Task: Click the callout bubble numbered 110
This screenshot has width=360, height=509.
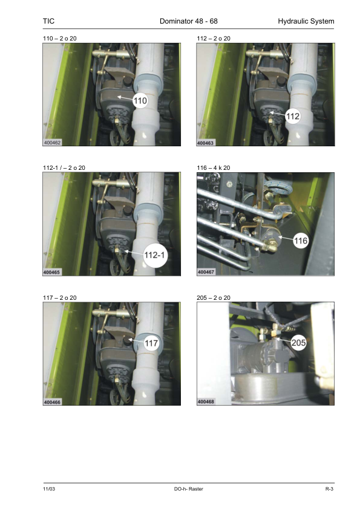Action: point(140,100)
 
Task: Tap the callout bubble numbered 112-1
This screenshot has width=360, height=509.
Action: point(155,255)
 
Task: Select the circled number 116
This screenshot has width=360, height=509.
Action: point(300,241)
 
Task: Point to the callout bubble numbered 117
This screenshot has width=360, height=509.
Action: point(151,343)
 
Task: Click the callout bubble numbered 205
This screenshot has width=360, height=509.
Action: point(298,343)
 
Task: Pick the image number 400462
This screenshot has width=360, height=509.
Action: point(52,143)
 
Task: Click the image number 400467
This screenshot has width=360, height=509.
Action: point(206,272)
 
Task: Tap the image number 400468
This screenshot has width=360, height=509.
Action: point(206,401)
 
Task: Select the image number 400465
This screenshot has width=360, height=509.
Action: point(52,273)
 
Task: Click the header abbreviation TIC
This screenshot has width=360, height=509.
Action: point(49,21)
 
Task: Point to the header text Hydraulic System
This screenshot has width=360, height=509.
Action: point(306,21)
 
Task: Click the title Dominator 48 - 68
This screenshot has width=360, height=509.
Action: point(188,21)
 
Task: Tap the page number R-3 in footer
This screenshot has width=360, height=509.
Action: point(330,489)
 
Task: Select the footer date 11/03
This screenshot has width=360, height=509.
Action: point(49,489)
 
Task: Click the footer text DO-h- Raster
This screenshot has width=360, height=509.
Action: point(188,489)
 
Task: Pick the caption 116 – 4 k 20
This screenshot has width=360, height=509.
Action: point(214,168)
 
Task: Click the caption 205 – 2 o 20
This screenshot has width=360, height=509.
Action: point(214,297)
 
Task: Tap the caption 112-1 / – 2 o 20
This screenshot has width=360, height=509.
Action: point(64,168)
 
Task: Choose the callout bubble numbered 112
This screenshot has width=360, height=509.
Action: point(292,116)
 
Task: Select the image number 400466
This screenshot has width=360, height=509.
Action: point(52,402)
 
